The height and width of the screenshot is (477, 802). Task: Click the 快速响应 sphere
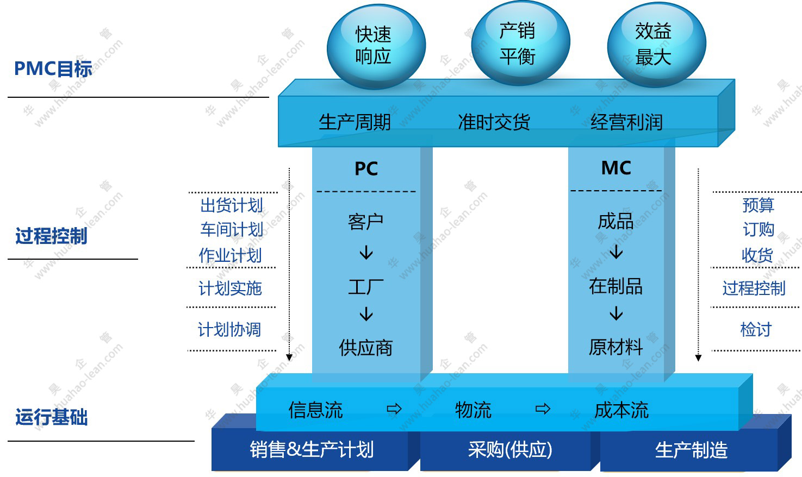coord(375,46)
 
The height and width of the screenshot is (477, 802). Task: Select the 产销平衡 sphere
coord(519,43)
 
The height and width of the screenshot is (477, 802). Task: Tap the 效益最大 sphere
coord(655,45)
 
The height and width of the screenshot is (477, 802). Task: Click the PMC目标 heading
coord(53,69)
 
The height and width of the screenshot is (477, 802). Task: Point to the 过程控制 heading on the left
coord(51,236)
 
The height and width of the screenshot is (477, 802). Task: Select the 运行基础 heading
coord(51,417)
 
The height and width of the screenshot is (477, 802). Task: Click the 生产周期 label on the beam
coord(355,122)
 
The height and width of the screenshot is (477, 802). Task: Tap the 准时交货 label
coord(494,122)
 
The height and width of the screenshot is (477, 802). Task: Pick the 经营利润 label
coord(626,122)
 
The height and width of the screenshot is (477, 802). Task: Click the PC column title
coord(366,169)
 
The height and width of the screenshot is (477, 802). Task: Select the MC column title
coord(616,168)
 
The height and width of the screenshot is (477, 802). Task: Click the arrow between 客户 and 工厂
coord(366,253)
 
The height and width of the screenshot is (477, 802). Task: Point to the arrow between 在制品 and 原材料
coord(616,314)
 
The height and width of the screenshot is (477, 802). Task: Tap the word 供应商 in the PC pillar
coord(365,348)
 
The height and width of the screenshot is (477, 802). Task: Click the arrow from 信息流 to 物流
coord(394,409)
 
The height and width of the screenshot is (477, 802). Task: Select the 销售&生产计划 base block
coord(312,450)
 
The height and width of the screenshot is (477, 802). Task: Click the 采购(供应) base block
coord(509,450)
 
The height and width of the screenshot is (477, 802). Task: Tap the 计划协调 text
coord(229,329)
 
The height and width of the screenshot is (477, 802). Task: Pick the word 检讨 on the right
coord(756,329)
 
